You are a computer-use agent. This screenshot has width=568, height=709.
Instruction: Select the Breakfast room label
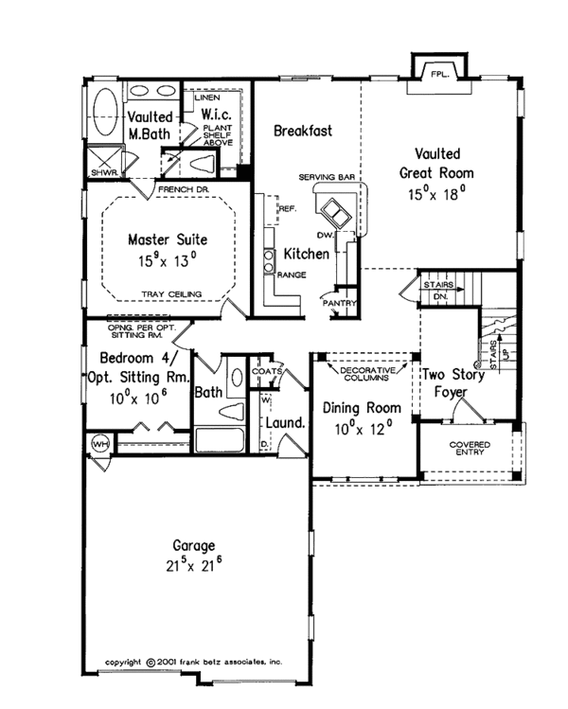pos(303,132)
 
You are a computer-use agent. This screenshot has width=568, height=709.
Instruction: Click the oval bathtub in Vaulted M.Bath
pos(102,103)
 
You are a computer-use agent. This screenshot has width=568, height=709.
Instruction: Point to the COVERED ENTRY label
pos(468,447)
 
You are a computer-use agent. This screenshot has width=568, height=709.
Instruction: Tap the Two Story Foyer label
pos(453,382)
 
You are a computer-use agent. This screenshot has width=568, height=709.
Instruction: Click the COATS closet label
pos(267,371)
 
